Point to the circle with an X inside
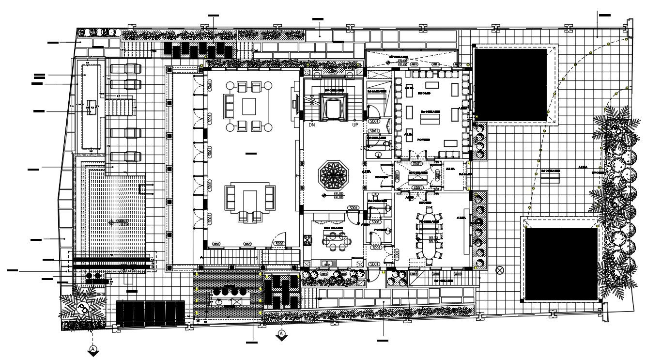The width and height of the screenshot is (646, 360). click(500, 270)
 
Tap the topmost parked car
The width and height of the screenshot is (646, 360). click(124, 69)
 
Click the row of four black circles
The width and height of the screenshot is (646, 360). click(229, 292)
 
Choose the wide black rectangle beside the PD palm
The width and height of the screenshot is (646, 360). click(150, 314)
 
